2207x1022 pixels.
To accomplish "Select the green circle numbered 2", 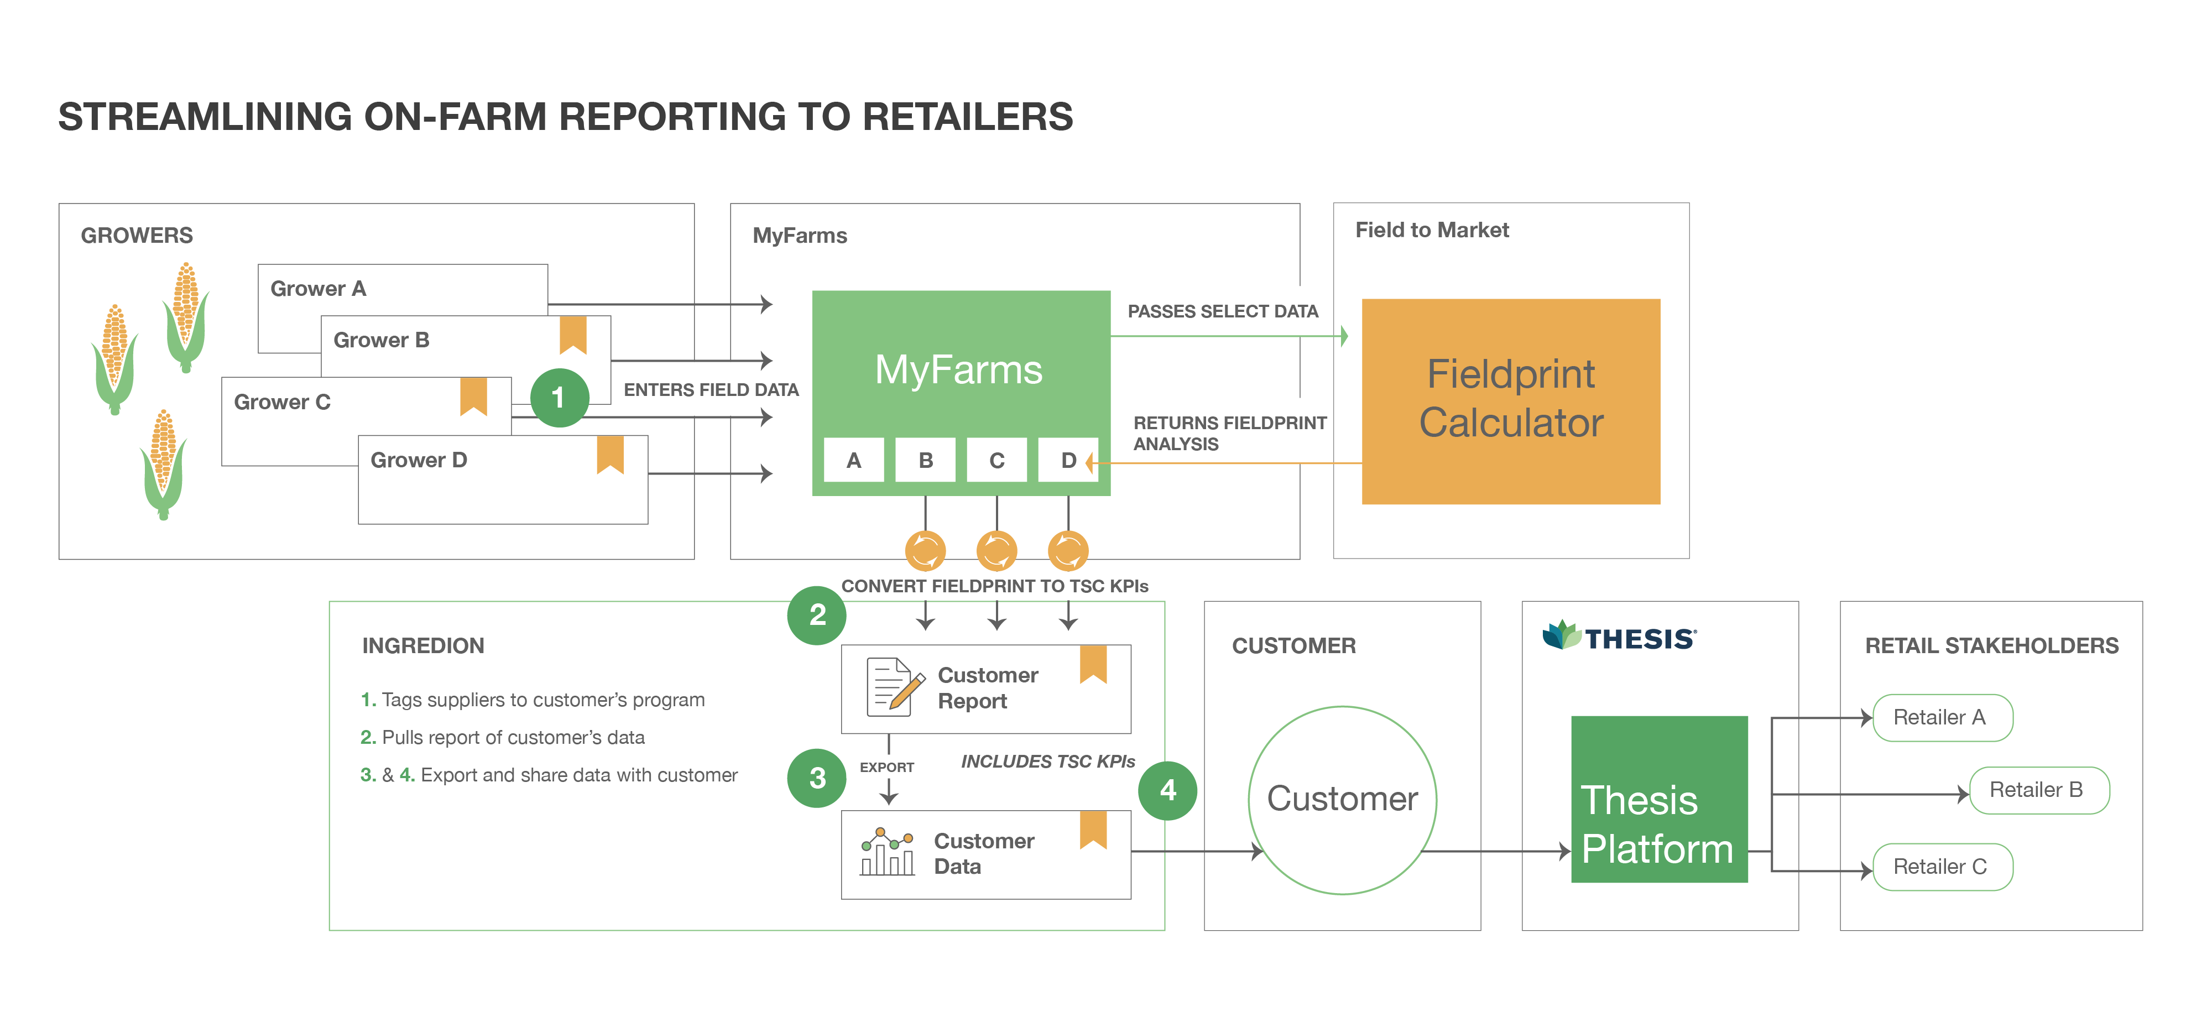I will [x=817, y=614].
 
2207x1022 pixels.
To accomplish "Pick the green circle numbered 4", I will [x=1168, y=790].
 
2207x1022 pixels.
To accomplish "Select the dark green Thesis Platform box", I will [x=1658, y=799].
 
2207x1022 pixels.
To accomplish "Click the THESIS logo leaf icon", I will [x=1561, y=635].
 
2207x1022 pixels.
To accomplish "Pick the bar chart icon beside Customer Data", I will [x=888, y=852].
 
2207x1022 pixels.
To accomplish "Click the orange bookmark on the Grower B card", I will [x=573, y=333].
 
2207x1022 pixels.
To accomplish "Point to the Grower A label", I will [x=318, y=289].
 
